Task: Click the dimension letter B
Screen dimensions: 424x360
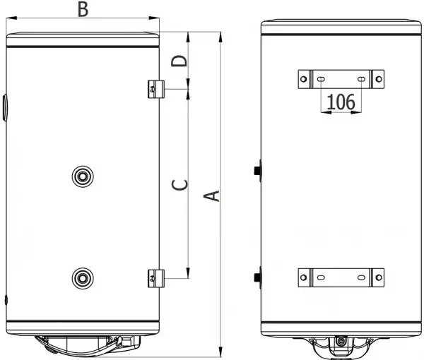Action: [83, 9]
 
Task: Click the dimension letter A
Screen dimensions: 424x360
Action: [212, 196]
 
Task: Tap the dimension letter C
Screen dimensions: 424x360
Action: [179, 185]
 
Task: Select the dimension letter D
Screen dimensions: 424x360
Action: [179, 61]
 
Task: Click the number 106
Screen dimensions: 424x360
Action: [341, 102]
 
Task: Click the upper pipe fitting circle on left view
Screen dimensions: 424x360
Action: [83, 176]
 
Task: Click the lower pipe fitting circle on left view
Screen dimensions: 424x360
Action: [83, 278]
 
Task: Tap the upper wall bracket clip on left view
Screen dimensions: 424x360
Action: [156, 89]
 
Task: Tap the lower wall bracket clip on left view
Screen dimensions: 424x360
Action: [156, 278]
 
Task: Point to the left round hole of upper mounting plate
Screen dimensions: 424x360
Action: [303, 79]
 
